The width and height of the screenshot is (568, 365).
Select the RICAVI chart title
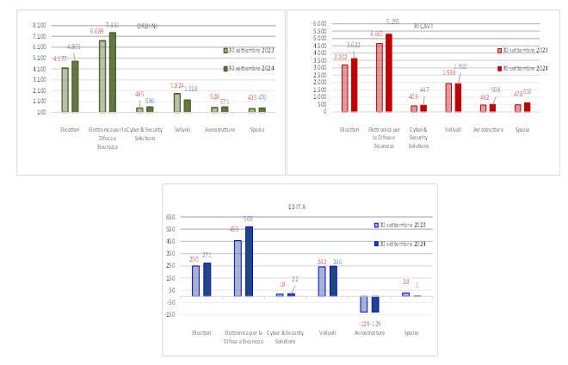pos(423,26)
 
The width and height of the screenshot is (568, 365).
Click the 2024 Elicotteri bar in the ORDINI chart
pos(75,86)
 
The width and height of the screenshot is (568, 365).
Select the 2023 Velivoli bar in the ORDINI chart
pos(176,102)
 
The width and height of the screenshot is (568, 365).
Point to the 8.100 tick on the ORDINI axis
pos(40,26)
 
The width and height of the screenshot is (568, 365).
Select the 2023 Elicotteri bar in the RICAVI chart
pos(345,88)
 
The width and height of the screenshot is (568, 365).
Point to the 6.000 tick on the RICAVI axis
pos(318,23)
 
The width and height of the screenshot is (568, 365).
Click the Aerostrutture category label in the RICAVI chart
pos(486,129)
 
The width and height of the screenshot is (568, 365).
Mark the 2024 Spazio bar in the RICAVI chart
pos(527,107)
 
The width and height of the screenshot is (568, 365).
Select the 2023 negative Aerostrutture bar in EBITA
pos(364,304)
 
